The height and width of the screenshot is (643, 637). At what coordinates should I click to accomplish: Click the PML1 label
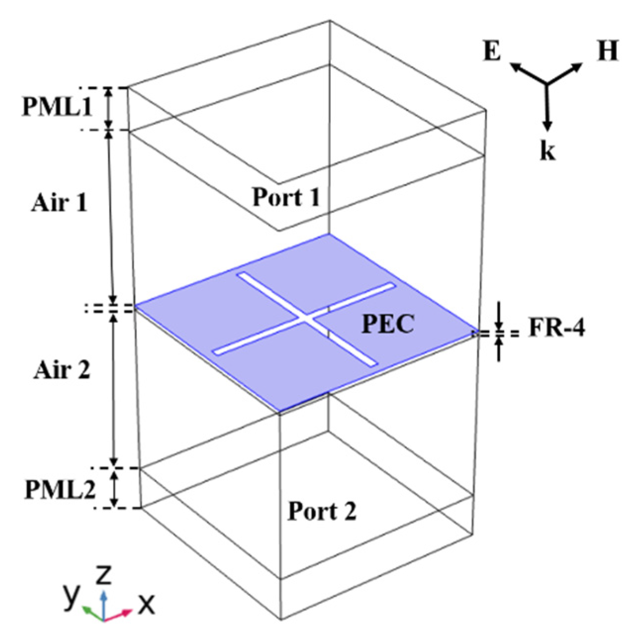point(56,107)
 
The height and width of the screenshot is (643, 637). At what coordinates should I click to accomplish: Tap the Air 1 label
point(59,202)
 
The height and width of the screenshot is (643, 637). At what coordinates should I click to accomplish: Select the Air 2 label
point(62,369)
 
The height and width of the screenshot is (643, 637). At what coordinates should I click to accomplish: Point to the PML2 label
point(59,489)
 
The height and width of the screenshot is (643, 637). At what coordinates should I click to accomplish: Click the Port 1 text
point(286,197)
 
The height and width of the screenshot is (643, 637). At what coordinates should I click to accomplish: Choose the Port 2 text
point(322,511)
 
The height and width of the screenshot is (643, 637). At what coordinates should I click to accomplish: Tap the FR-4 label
point(556,328)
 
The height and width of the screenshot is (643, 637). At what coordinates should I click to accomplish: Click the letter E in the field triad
point(492,51)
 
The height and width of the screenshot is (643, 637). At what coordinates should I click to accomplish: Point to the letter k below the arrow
point(547,151)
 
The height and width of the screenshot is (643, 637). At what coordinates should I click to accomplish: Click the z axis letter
point(103,575)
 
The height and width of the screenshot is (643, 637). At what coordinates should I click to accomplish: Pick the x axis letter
point(145,603)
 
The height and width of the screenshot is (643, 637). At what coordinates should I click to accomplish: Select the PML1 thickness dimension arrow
point(109,109)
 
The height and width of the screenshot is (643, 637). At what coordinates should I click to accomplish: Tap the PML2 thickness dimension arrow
point(115,488)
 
